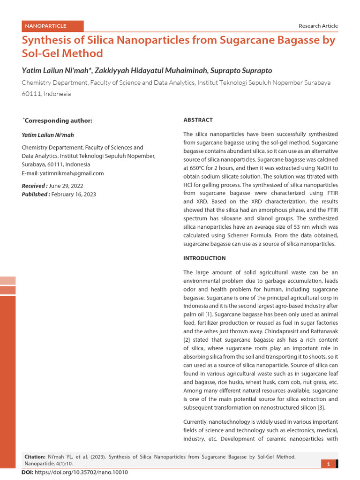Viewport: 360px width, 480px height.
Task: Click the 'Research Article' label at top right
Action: tap(318, 26)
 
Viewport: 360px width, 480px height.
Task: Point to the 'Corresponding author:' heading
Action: tap(58, 120)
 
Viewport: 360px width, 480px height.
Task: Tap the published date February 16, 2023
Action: tap(73, 194)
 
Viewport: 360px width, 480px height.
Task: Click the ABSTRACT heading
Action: tap(198, 120)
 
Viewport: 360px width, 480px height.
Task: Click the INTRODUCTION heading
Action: tap(204, 258)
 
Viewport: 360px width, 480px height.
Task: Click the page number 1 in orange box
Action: tap(329, 464)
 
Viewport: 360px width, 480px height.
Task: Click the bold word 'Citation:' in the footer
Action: tap(35, 456)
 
